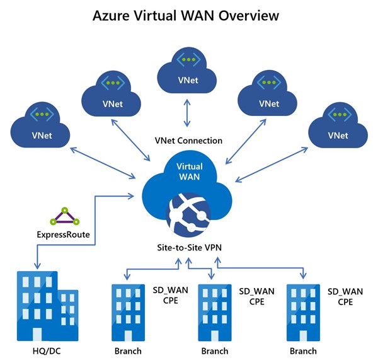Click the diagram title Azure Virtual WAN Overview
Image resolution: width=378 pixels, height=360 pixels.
pyautogui.click(x=188, y=14)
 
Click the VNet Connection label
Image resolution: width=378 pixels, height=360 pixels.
pyautogui.click(x=187, y=139)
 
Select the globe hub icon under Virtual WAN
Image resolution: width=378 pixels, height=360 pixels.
pyautogui.click(x=187, y=214)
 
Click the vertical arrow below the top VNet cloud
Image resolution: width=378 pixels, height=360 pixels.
pyautogui.click(x=186, y=113)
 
